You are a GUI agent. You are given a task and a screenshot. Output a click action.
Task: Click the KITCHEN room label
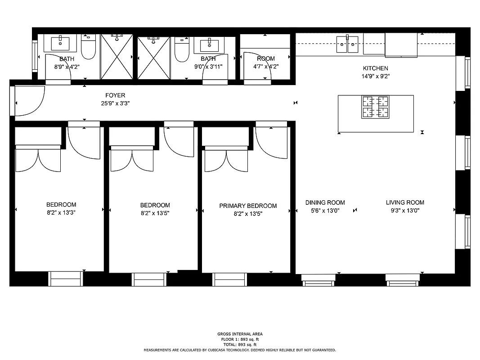pyautogui.click(x=375, y=68)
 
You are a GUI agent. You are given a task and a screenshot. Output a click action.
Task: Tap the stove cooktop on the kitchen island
pyautogui.click(x=375, y=107)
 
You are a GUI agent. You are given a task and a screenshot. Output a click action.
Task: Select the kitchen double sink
pyautogui.click(x=347, y=44)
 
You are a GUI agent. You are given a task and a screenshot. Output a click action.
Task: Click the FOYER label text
pyautogui.click(x=115, y=95)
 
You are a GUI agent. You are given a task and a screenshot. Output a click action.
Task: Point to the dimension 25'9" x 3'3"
pyautogui.click(x=115, y=103)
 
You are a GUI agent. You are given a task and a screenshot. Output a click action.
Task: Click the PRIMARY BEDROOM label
pyautogui.click(x=248, y=206)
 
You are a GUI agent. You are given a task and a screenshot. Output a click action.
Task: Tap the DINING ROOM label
pyautogui.click(x=325, y=202)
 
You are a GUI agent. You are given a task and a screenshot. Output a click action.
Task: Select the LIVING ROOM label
pyautogui.click(x=405, y=202)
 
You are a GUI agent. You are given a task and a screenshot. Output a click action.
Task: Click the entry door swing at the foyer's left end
pyautogui.click(x=29, y=102)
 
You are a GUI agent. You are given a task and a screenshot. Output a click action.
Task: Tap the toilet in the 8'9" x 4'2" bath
pyautogui.click(x=89, y=47)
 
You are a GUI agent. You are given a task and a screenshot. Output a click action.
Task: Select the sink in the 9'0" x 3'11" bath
pyautogui.click(x=209, y=44)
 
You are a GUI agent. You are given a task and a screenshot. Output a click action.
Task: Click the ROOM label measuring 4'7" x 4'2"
pyautogui.click(x=265, y=59)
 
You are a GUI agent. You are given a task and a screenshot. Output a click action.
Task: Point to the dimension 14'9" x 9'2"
pyautogui.click(x=375, y=76)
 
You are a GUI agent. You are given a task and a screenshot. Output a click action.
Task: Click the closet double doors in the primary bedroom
pyautogui.click(x=226, y=160)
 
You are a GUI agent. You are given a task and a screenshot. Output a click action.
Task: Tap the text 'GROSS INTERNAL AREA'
pyautogui.click(x=240, y=334)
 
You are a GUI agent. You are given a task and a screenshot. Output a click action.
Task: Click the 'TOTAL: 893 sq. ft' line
pyautogui.click(x=240, y=344)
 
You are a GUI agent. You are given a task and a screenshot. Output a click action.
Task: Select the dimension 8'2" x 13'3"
pyautogui.click(x=61, y=213)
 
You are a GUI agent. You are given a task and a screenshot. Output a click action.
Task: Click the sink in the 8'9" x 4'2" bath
pyautogui.click(x=60, y=44)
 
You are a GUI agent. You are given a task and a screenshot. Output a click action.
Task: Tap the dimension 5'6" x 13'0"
pyautogui.click(x=325, y=210)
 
